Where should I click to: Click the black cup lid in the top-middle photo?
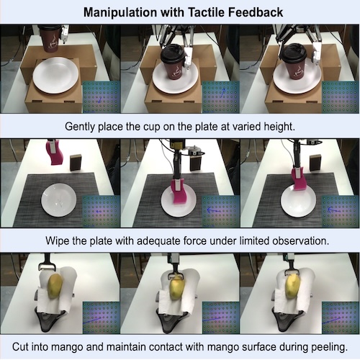pyautogui.click(x=174, y=53)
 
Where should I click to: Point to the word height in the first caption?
pyautogui.click(x=278, y=125)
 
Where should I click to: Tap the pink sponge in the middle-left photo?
pyautogui.click(x=54, y=152)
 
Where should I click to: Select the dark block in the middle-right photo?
pyautogui.click(x=315, y=162)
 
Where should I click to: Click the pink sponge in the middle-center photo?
pyautogui.click(x=179, y=191)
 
